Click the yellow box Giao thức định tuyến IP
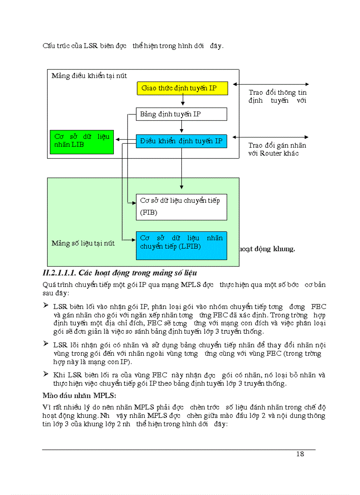182,88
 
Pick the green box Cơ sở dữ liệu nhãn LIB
82,141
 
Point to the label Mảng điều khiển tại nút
89,76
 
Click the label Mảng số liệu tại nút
83,243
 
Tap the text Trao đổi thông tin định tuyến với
277,97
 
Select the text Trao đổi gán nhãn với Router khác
277,149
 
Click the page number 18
300,454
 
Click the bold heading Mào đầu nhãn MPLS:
79,394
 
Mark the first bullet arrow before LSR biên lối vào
45,305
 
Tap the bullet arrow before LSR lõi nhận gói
45,344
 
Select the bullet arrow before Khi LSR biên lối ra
45,374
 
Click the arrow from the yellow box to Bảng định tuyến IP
182,102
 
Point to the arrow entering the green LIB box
119,140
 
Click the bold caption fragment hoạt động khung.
267,249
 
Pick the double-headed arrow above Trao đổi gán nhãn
270,137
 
